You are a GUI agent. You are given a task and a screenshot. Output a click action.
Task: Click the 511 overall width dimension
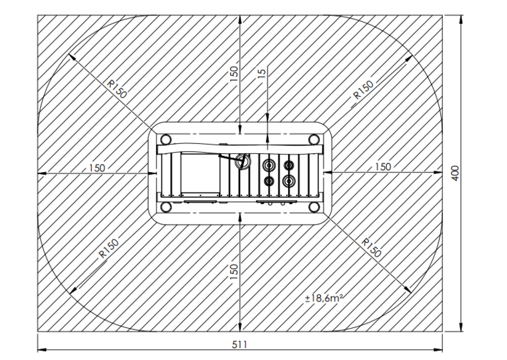coord(239,345)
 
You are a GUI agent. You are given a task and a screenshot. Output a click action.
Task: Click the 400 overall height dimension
coord(455,173)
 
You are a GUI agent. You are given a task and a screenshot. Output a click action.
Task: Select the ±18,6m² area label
coord(324,298)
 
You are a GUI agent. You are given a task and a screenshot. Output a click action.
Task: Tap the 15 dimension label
coord(263,73)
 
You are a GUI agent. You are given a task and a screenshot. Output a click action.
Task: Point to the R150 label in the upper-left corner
coord(117,89)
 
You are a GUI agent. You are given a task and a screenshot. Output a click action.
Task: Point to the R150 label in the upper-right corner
coord(364,89)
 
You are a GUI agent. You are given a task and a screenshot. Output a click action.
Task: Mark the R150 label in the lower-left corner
coord(109,248)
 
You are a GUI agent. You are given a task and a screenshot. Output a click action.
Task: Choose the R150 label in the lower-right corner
coord(371,248)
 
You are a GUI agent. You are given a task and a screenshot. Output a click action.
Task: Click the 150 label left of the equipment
coord(97,168)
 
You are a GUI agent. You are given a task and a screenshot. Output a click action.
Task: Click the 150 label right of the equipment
coord(383,167)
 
